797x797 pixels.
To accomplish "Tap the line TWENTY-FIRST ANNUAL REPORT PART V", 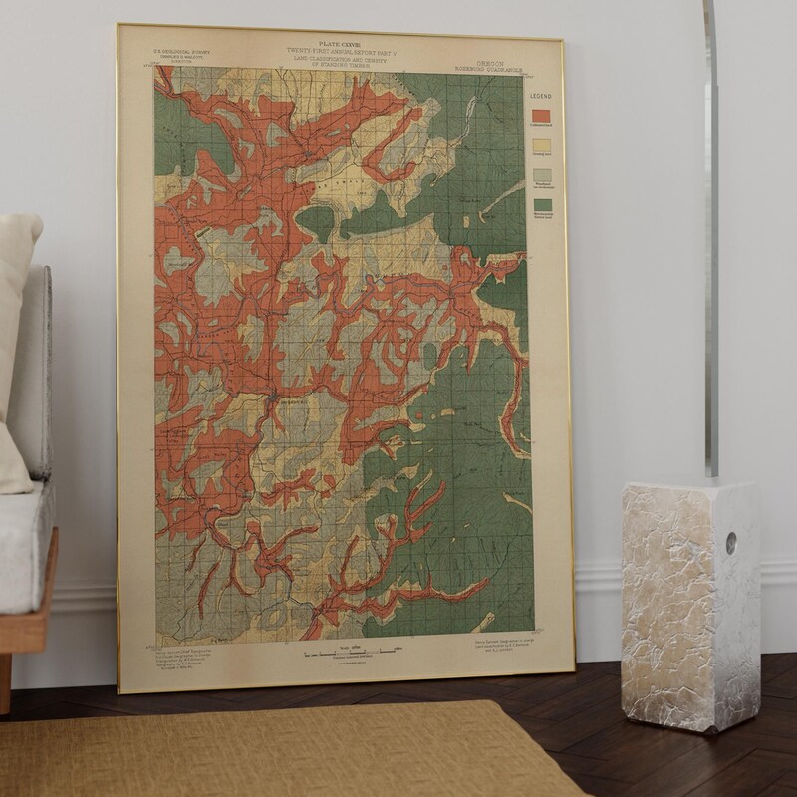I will pos(342,51).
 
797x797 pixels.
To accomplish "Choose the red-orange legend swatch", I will pos(538,118).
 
